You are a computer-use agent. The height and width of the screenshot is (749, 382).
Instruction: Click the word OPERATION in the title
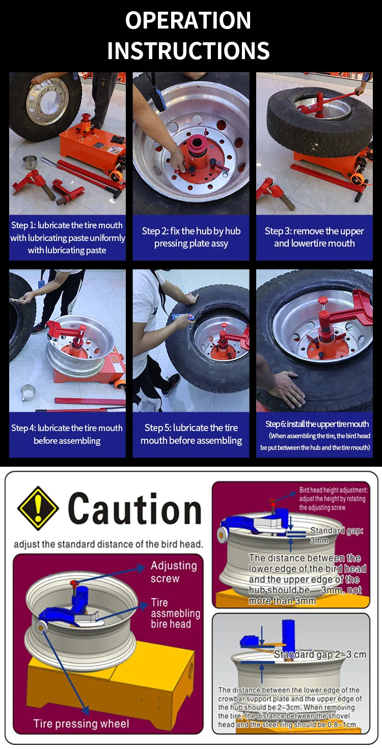pyautogui.click(x=188, y=21)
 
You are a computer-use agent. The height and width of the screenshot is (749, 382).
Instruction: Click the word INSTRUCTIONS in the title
pyautogui.click(x=188, y=51)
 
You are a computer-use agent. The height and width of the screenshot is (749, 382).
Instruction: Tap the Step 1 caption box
pyautogui.click(x=67, y=237)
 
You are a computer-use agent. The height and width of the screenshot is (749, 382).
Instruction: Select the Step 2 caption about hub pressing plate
pyautogui.click(x=191, y=237)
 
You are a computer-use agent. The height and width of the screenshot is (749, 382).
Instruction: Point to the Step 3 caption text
pyautogui.click(x=314, y=237)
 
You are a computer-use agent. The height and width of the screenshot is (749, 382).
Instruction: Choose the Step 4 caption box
pyautogui.click(x=67, y=434)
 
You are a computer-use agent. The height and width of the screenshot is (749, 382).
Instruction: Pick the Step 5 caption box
pyautogui.click(x=191, y=434)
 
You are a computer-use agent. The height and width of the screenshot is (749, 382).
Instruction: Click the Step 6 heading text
pyautogui.click(x=317, y=424)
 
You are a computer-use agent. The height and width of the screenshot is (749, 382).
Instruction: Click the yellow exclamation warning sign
pyautogui.click(x=38, y=509)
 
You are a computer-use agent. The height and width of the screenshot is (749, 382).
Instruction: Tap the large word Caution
pyautogui.click(x=135, y=510)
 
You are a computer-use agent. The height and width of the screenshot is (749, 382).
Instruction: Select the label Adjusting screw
pyautogui.click(x=173, y=572)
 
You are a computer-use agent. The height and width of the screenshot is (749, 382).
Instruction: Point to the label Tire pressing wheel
pyautogui.click(x=81, y=724)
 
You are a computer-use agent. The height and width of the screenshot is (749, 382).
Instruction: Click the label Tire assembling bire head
pyautogui.click(x=175, y=613)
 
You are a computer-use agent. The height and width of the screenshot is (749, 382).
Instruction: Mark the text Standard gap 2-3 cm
pyautogui.click(x=320, y=654)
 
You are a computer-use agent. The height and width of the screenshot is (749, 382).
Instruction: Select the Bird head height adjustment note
pyautogui.click(x=333, y=498)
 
